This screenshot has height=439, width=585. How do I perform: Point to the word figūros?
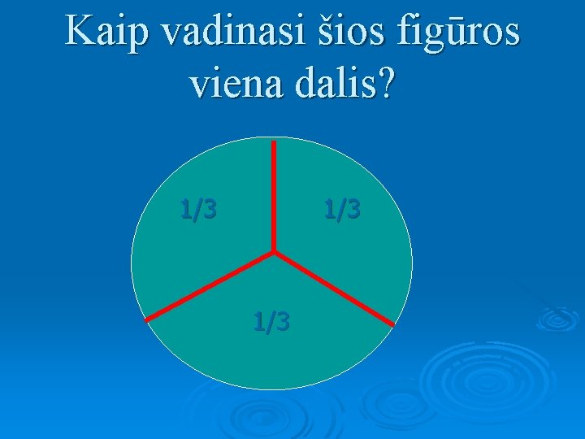coord(458,33)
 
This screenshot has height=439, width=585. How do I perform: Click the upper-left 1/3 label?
coord(198,210)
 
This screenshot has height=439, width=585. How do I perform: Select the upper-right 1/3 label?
coord(342,210)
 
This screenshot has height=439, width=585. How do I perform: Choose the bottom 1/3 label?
coord(271,322)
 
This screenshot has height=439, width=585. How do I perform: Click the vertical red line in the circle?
coord(274,195)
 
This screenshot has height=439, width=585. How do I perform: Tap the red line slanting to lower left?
coord(210,286)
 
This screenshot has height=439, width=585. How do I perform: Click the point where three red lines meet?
coord(274,251)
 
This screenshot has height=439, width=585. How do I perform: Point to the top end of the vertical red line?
coord(274,143)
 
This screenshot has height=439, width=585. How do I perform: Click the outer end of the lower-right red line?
coord(392,325)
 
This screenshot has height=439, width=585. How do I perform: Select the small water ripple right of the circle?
coord(557,318)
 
